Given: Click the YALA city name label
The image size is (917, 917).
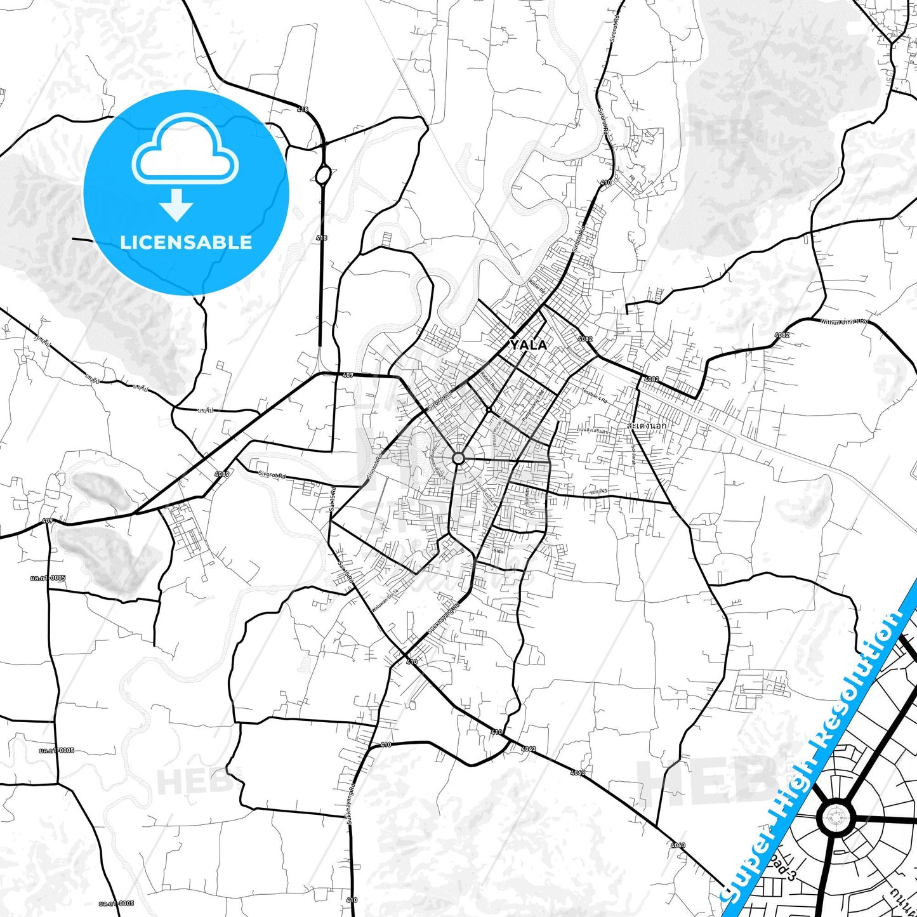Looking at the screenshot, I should point(528,345).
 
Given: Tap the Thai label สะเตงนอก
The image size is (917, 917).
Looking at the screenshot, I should point(646,426).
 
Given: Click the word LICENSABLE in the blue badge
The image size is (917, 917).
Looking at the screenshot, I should point(186,242).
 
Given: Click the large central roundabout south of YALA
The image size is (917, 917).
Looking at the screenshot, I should point(458,458).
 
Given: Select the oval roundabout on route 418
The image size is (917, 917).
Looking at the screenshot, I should point(323,175).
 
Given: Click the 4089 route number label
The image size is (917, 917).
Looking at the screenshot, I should point(222,474).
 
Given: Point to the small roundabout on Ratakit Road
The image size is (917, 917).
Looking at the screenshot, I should point(489,410).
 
